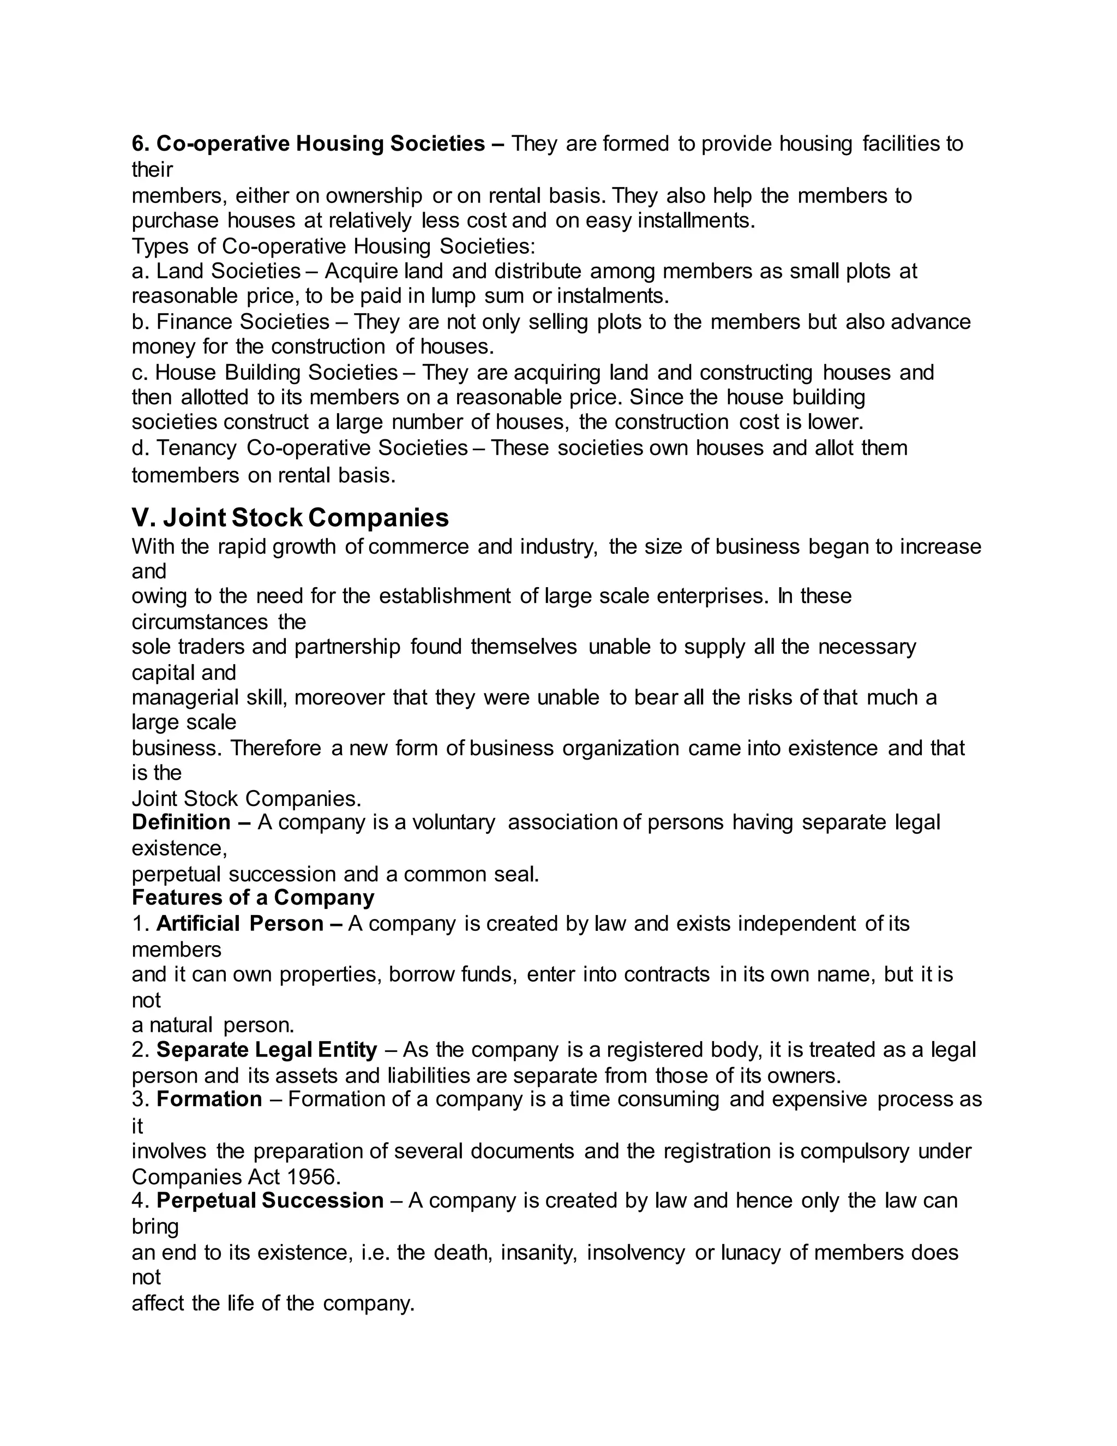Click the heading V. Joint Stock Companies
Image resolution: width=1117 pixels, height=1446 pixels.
pos(290,518)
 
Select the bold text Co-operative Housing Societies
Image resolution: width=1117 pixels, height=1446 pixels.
pos(320,144)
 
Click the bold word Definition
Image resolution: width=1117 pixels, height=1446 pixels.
pos(181,822)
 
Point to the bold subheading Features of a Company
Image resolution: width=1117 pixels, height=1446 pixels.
pos(253,898)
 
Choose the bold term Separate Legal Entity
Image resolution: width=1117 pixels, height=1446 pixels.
pos(267,1049)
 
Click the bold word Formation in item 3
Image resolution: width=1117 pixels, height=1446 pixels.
pos(209,1099)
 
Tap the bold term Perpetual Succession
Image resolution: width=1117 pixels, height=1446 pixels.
pos(270,1200)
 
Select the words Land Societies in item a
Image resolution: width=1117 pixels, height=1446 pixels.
pos(229,271)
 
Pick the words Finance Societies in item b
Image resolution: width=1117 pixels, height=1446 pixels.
pos(243,322)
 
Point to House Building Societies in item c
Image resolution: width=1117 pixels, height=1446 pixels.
pos(276,373)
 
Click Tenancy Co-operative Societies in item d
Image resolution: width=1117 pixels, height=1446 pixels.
pos(313,448)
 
